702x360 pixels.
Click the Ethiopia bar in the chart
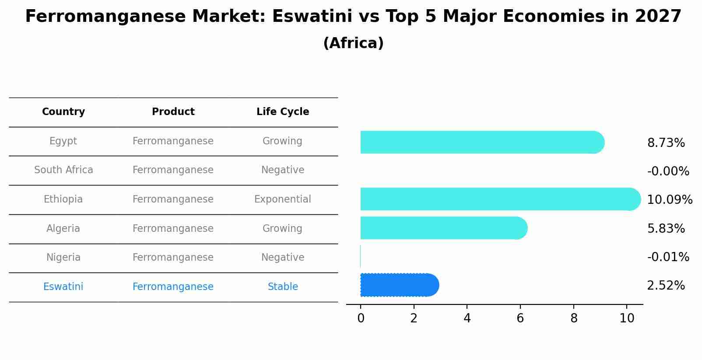click(499, 199)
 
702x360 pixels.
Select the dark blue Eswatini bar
click(398, 285)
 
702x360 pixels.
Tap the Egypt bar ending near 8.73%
click(481, 142)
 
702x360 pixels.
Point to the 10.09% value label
click(669, 200)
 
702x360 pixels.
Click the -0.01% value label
click(668, 257)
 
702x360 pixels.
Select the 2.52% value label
click(666, 286)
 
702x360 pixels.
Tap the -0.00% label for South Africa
click(668, 171)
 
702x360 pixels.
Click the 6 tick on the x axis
click(520, 318)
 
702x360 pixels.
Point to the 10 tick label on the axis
click(627, 318)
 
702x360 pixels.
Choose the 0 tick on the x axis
click(361, 318)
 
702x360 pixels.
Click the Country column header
click(63, 112)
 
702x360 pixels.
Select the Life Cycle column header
click(283, 112)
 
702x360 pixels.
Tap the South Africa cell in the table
click(63, 170)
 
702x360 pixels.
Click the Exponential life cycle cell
click(283, 199)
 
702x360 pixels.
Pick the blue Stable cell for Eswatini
click(283, 287)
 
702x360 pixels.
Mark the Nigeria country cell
click(63, 258)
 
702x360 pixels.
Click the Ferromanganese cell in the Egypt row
click(173, 141)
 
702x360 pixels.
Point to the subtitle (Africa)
click(353, 43)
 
